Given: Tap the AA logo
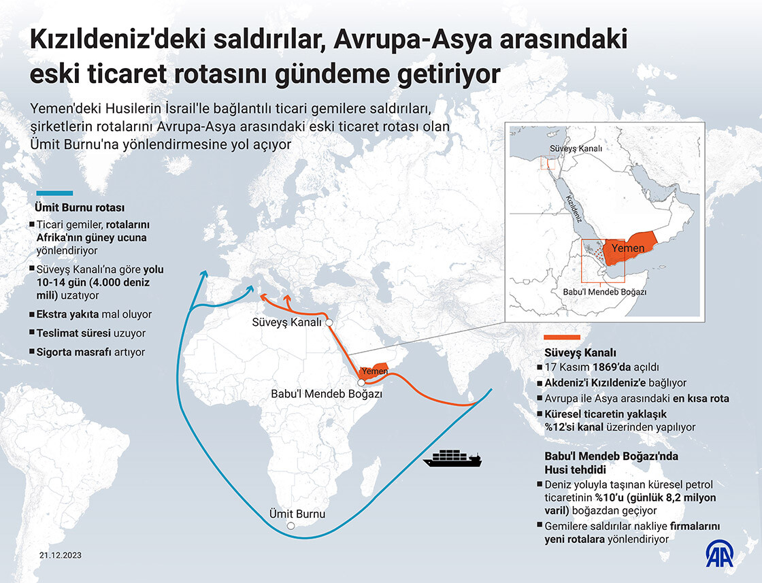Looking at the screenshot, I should pyautogui.click(x=721, y=554).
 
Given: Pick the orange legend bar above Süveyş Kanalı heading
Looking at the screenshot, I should pyautogui.click(x=561, y=337).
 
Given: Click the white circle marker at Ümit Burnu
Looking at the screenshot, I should pyautogui.click(x=291, y=526).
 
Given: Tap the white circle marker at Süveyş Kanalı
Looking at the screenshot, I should pyautogui.click(x=329, y=322).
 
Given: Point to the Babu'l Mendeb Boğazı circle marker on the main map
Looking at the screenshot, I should pyautogui.click(x=361, y=382).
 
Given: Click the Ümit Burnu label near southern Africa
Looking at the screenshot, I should pyautogui.click(x=297, y=514).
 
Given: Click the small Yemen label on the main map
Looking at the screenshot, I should pyautogui.click(x=375, y=371).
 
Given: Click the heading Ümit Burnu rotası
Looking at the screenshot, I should pyautogui.click(x=79, y=207).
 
